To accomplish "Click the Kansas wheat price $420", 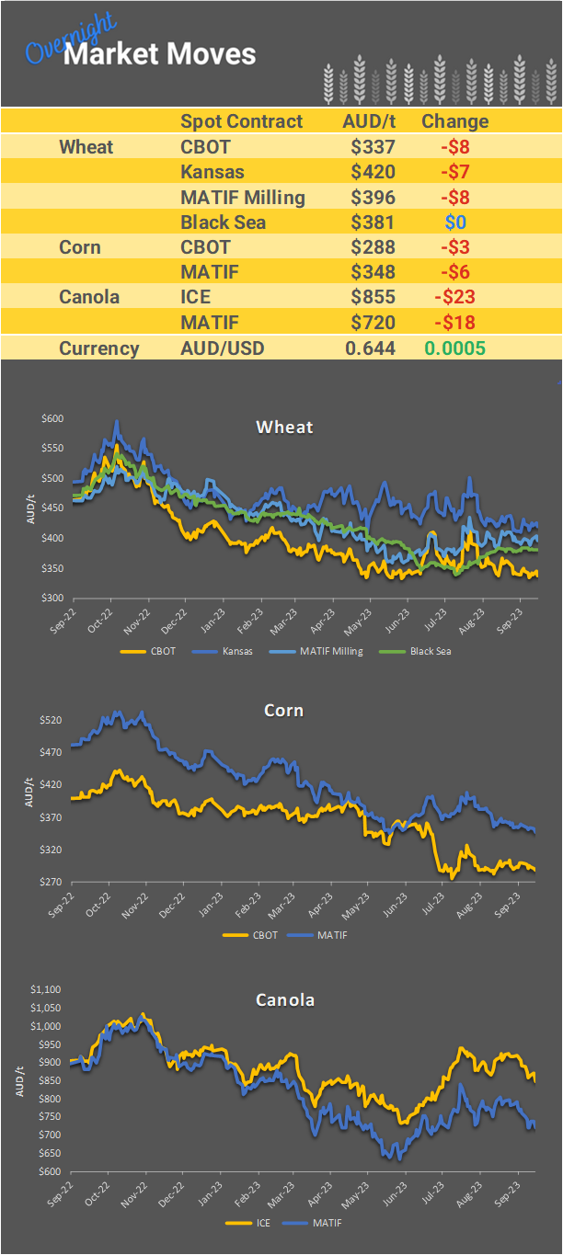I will pyautogui.click(x=373, y=172).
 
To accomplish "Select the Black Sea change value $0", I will pyautogui.click(x=455, y=222).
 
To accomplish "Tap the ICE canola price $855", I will pyautogui.click(x=373, y=297).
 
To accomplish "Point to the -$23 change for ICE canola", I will pyautogui.click(x=454, y=297).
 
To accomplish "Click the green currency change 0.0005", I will pyautogui.click(x=454, y=348).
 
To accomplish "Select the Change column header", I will pyautogui.click(x=454, y=121).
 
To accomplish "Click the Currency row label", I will pyautogui.click(x=98, y=348).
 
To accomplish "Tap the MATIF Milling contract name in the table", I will pyautogui.click(x=242, y=197).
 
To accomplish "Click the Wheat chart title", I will pyautogui.click(x=284, y=427).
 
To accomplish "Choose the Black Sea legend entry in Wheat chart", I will pyautogui.click(x=430, y=651).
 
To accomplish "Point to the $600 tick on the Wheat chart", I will pyautogui.click(x=52, y=418).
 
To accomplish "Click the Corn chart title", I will pyautogui.click(x=283, y=711).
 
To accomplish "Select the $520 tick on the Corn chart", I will pyautogui.click(x=52, y=720).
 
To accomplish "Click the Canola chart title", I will pyautogui.click(x=284, y=999).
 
